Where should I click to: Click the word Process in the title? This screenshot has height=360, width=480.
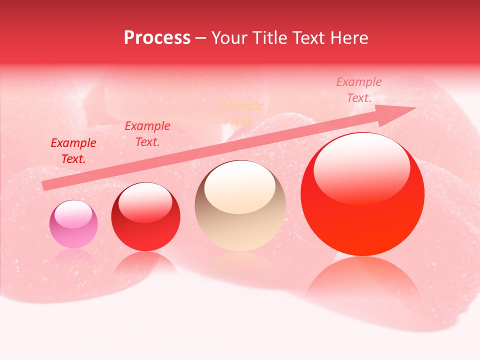pyautogui.click(x=157, y=38)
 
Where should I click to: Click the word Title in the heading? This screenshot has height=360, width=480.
pyautogui.click(x=270, y=38)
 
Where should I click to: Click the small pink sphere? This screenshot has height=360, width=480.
pyautogui.click(x=73, y=224)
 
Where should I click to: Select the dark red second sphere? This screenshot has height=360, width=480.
pyautogui.click(x=145, y=216)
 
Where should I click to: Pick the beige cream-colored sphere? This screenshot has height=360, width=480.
pyautogui.click(x=240, y=206)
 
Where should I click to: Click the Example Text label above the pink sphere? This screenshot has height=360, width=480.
pyautogui.click(x=73, y=151)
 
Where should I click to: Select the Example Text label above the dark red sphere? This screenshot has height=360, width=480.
pyautogui.click(x=147, y=133)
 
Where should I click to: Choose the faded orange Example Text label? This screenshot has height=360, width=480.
pyautogui.click(x=241, y=113)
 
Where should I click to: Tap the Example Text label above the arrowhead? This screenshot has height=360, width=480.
pyautogui.click(x=359, y=90)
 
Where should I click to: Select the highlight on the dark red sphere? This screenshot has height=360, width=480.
pyautogui.click(x=145, y=201)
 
